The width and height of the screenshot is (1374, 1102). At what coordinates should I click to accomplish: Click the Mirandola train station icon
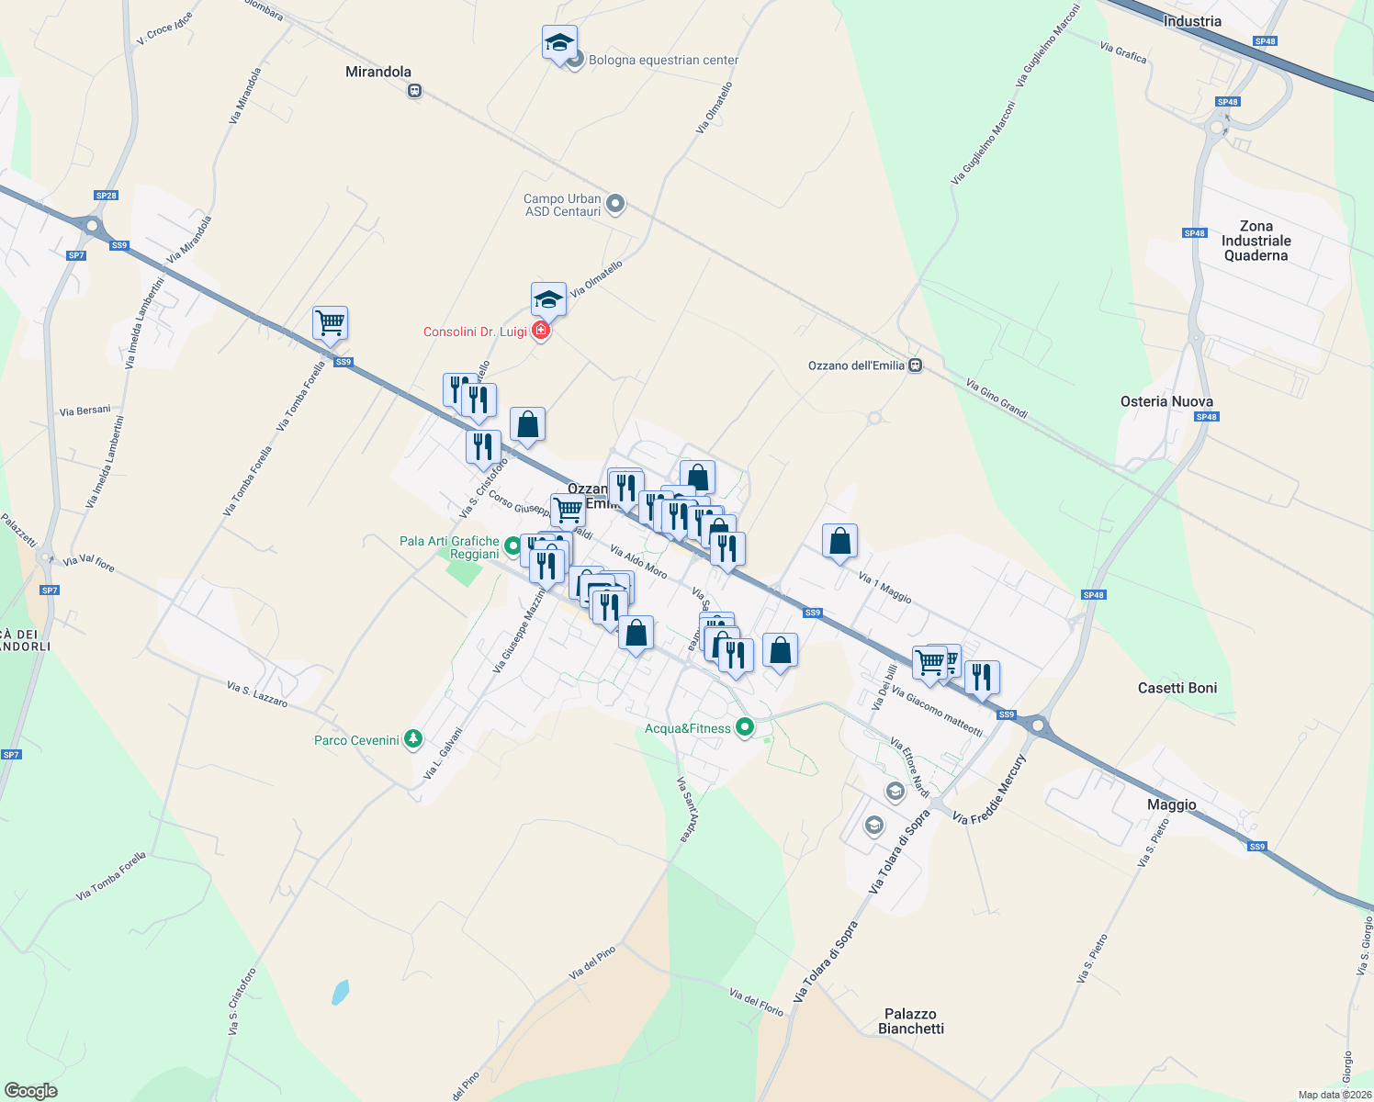click(x=415, y=91)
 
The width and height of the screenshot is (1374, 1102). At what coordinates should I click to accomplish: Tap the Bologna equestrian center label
click(x=663, y=61)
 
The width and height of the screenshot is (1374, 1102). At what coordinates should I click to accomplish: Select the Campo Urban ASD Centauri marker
click(x=615, y=204)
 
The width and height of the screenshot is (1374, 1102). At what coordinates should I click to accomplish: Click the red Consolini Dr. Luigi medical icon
click(x=541, y=331)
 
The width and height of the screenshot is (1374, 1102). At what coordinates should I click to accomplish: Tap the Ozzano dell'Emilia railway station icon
click(x=915, y=365)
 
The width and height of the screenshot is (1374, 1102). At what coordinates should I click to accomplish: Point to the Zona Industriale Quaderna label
click(x=1256, y=241)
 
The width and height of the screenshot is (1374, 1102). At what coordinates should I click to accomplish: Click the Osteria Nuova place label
click(x=1166, y=401)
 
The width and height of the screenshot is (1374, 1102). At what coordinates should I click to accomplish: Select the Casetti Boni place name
click(x=1177, y=688)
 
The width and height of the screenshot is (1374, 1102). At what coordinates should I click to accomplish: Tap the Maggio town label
click(x=1171, y=804)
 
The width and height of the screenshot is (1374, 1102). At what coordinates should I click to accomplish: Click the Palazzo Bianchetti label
click(x=910, y=1021)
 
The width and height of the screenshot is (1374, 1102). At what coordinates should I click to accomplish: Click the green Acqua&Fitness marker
click(x=745, y=727)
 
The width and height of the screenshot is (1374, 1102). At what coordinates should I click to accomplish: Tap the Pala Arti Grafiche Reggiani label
click(x=450, y=547)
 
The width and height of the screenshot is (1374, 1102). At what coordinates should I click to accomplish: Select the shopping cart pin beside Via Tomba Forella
click(x=330, y=323)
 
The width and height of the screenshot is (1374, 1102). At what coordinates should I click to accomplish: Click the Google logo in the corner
click(x=31, y=1091)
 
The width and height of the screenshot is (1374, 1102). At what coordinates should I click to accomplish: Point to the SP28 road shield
click(x=107, y=196)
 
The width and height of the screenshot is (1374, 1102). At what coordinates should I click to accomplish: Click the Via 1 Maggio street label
click(x=884, y=587)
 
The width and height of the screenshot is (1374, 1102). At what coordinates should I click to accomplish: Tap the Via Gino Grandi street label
click(x=997, y=399)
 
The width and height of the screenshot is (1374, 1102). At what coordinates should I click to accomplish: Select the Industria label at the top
click(x=1192, y=21)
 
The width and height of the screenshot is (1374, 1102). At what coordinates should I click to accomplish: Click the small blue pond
click(x=340, y=992)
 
